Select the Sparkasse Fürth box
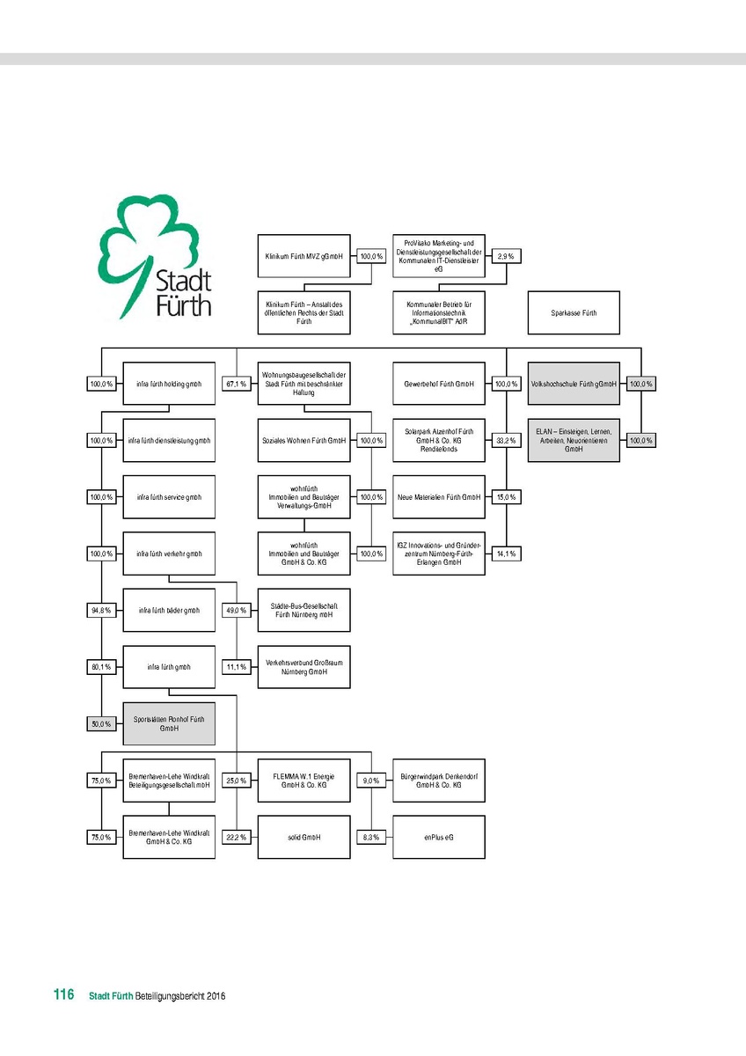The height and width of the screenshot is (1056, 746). (573, 312)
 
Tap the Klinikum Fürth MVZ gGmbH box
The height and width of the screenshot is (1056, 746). (304, 257)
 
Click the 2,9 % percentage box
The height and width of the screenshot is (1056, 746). (505, 257)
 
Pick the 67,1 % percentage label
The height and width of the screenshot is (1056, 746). (236, 384)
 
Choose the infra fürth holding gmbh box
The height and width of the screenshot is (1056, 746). (169, 384)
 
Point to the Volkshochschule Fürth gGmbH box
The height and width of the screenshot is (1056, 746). (573, 384)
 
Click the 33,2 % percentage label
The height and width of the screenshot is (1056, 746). (505, 440)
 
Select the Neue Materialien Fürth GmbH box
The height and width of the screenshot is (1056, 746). (439, 497)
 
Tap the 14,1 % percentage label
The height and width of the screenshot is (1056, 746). (505, 554)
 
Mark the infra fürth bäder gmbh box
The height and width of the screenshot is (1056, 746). (169, 610)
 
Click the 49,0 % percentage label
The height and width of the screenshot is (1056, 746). (236, 610)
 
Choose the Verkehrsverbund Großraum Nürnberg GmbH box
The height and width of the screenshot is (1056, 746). (304, 666)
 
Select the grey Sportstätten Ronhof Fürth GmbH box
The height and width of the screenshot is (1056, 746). (169, 723)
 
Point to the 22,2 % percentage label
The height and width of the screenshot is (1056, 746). (236, 837)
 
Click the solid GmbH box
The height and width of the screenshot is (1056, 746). (304, 837)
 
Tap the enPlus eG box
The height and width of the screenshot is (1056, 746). (439, 837)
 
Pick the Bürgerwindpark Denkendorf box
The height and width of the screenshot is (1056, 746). (439, 781)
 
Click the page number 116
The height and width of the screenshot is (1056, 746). (63, 995)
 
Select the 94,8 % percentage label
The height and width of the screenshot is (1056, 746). (101, 610)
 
